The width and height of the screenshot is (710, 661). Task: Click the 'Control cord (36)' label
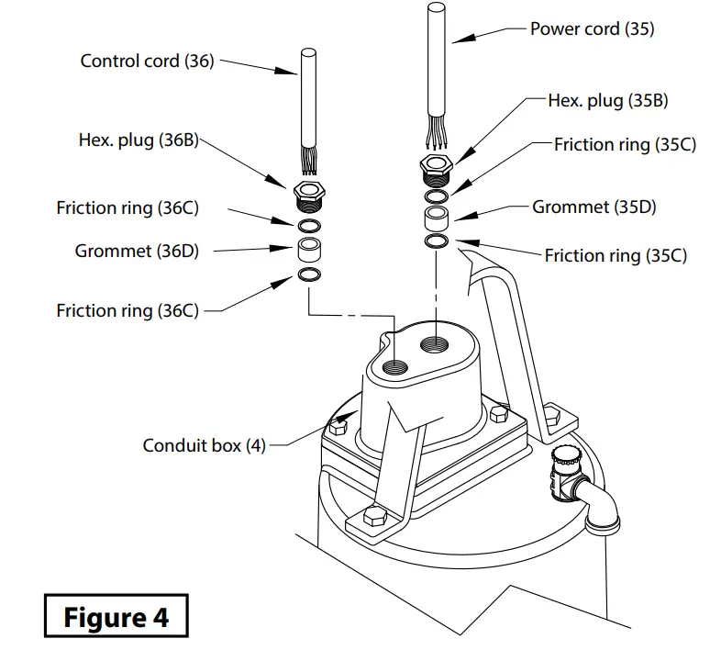point(147,62)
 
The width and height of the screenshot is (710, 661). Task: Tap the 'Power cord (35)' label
point(592,28)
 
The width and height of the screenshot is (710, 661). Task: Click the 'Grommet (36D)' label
point(137,250)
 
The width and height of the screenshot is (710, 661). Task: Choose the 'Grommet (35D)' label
point(594,207)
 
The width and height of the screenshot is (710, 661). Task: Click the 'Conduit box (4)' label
point(204,445)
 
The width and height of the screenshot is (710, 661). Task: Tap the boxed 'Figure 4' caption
point(116,617)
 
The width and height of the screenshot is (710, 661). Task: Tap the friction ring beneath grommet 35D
point(438,241)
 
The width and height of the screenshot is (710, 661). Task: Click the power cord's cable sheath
point(438,64)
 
